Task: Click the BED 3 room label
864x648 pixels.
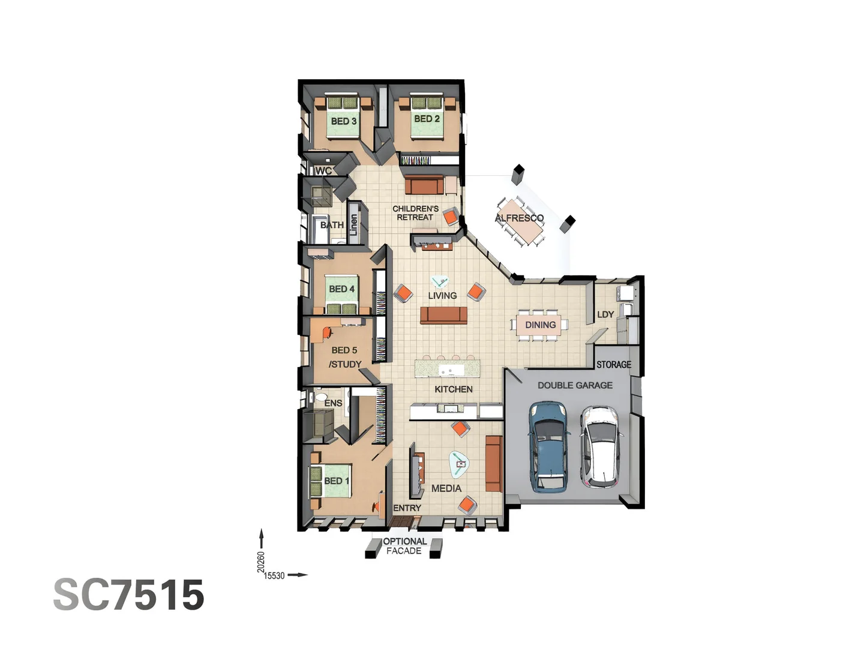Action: (343, 121)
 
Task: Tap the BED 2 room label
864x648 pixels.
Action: (427, 119)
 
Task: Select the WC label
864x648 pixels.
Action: (323, 171)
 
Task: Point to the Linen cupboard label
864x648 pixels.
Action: (353, 224)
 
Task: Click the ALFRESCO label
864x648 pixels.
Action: (519, 218)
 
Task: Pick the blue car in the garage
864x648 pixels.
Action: (547, 447)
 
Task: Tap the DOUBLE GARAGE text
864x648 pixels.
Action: (575, 385)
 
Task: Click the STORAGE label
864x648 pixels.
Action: (613, 364)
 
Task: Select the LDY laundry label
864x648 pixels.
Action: (605, 314)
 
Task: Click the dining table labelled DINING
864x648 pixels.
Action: (540, 325)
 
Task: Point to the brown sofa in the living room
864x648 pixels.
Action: (443, 315)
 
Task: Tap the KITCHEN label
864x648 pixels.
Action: (453, 389)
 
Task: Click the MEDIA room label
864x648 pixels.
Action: (446, 488)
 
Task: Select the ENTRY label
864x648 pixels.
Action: (407, 508)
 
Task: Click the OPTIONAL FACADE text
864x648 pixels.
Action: (404, 546)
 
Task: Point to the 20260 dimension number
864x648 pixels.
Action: (261, 562)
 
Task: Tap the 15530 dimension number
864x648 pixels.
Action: (274, 576)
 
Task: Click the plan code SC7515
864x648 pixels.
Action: (129, 595)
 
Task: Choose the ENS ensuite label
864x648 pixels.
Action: (333, 403)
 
